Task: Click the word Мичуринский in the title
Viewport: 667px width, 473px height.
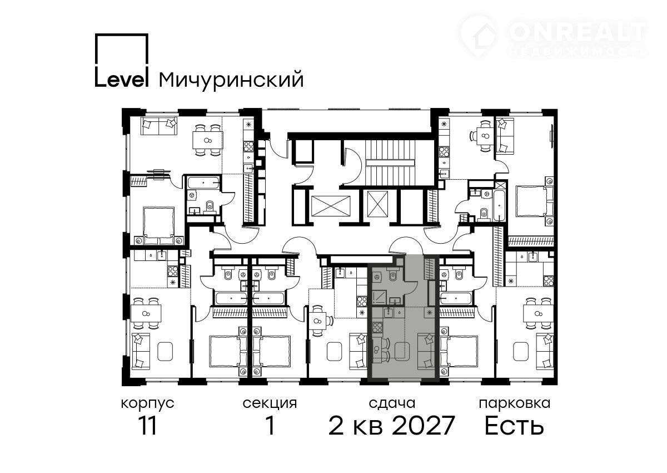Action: [x=231, y=80]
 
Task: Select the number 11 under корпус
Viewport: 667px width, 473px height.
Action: [x=148, y=426]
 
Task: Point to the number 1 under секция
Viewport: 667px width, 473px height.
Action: [x=270, y=426]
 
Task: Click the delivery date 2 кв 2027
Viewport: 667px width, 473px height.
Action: [x=391, y=426]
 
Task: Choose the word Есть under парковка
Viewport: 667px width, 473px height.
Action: [x=514, y=426]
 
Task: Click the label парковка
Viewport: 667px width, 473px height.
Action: [x=515, y=404]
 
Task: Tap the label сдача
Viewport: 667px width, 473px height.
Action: [x=392, y=404]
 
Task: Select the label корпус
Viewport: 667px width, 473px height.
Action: [x=148, y=404]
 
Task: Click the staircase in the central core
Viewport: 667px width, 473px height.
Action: [x=391, y=162]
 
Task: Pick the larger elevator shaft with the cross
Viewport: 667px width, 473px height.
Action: [x=331, y=206]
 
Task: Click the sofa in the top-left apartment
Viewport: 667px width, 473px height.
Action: [x=160, y=126]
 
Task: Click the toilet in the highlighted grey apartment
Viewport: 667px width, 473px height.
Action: [x=393, y=275]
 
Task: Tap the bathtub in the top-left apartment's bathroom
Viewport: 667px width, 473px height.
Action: [x=203, y=182]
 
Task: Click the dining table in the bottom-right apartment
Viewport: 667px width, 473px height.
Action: [x=539, y=313]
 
